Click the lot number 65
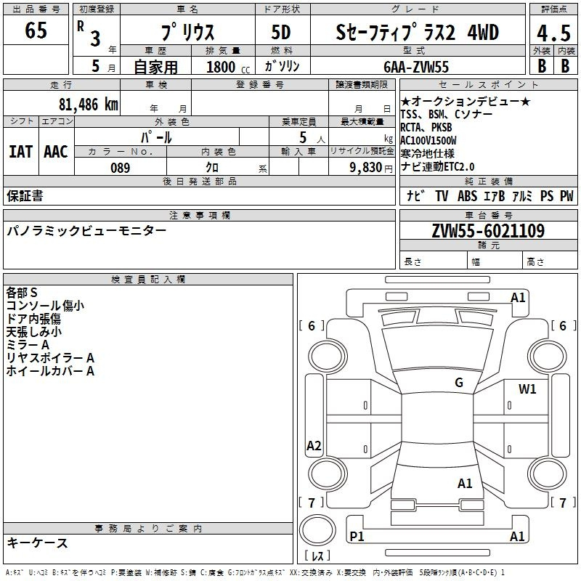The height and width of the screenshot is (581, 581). pyautogui.click(x=36, y=30)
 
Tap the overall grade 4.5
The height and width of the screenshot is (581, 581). pyautogui.click(x=553, y=33)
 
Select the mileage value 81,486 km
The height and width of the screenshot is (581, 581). pyautogui.click(x=89, y=105)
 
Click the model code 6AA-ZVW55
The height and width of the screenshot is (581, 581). pyautogui.click(x=416, y=67)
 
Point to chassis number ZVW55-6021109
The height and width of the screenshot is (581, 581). pyautogui.click(x=488, y=231)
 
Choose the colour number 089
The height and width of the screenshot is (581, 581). pyautogui.click(x=121, y=168)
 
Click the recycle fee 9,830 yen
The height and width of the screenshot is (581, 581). pyautogui.click(x=371, y=168)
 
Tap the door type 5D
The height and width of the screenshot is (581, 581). pyautogui.click(x=281, y=33)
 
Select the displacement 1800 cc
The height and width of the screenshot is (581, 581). pyautogui.click(x=228, y=67)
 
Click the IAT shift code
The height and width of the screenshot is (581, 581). pyautogui.click(x=20, y=152)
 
